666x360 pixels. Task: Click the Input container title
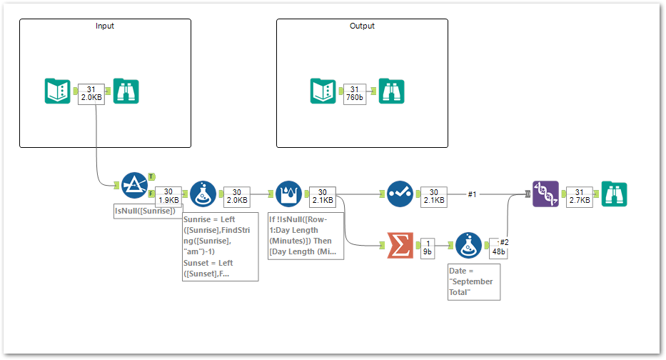(105, 26)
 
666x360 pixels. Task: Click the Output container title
(362, 26)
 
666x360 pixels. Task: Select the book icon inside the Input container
(57, 91)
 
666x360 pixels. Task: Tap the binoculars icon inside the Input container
(126, 91)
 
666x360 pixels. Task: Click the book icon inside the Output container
(323, 91)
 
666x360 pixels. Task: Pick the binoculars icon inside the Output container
(391, 91)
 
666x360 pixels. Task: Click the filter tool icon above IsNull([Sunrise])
(134, 186)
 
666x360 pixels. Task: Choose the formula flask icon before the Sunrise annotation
(203, 194)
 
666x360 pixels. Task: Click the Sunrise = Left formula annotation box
(220, 246)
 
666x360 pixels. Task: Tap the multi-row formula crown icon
(288, 194)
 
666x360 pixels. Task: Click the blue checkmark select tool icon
(400, 194)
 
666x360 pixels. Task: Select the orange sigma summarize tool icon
(400, 246)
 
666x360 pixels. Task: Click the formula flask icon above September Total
(468, 246)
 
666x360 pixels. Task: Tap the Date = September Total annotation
(473, 281)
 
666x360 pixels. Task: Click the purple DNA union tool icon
(545, 194)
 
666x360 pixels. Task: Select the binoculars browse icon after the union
(614, 194)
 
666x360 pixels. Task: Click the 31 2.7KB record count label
(579, 196)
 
